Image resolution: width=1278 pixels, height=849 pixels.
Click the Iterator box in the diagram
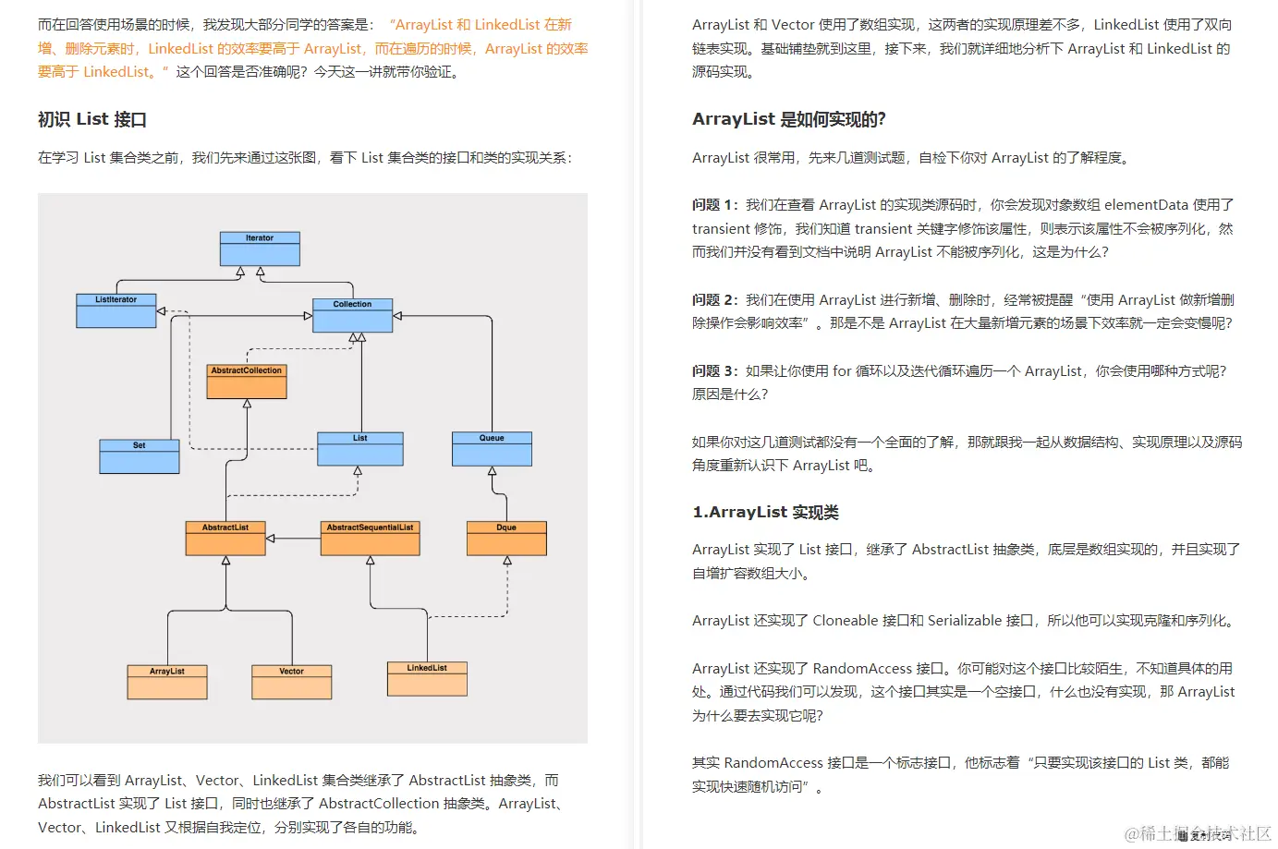pos(260,249)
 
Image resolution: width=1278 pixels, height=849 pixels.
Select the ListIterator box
pos(116,310)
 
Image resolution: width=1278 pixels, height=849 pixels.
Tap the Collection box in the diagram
pos(352,315)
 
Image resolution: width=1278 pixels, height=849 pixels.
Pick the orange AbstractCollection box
pos(247,381)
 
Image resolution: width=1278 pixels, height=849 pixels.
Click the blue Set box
pos(139,456)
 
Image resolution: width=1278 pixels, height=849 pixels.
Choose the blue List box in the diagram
pos(359,448)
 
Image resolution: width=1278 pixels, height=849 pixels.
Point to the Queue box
pos(492,448)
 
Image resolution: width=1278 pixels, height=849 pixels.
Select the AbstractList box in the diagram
pos(225,538)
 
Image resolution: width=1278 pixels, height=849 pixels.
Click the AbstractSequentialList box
pos(370,538)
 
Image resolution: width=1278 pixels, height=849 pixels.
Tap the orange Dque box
pos(506,538)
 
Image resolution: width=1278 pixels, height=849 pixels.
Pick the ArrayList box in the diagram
pos(167,682)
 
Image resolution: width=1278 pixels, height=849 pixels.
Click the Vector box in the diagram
pos(291,682)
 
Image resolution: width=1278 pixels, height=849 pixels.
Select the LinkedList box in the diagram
pos(427,678)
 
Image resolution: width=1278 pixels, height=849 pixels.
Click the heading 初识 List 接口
pos(92,119)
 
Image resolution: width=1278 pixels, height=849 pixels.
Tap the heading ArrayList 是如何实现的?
pos(788,119)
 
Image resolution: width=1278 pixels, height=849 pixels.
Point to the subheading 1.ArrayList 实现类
pos(765,513)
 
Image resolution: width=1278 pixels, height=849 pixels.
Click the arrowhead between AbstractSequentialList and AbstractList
pos(271,538)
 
